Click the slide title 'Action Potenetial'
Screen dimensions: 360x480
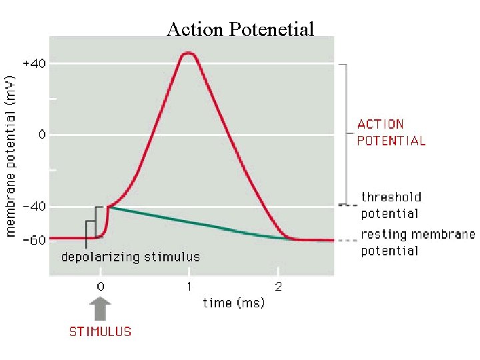coord(240,29)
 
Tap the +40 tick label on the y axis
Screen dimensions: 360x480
coord(34,63)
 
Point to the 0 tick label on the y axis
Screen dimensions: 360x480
coord(41,135)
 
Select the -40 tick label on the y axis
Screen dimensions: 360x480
coord(34,207)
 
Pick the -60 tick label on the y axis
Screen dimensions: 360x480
coord(34,240)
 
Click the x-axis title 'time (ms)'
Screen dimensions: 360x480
coord(233,303)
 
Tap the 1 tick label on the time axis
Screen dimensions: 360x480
coord(189,287)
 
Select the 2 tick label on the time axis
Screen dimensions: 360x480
coord(279,287)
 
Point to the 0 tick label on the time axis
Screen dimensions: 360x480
coord(100,287)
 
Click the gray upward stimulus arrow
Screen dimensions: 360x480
coord(100,311)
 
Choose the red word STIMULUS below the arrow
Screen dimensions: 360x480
coord(101,331)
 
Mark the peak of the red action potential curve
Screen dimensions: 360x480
coord(189,53)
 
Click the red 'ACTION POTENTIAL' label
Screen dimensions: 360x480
coord(391,132)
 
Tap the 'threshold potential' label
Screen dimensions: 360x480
coord(390,205)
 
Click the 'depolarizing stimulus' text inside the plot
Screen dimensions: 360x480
coord(131,256)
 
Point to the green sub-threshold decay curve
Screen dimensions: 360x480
coord(200,223)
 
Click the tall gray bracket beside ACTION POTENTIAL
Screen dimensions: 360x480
coord(345,133)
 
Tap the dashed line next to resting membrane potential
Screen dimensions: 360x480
coord(347,240)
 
